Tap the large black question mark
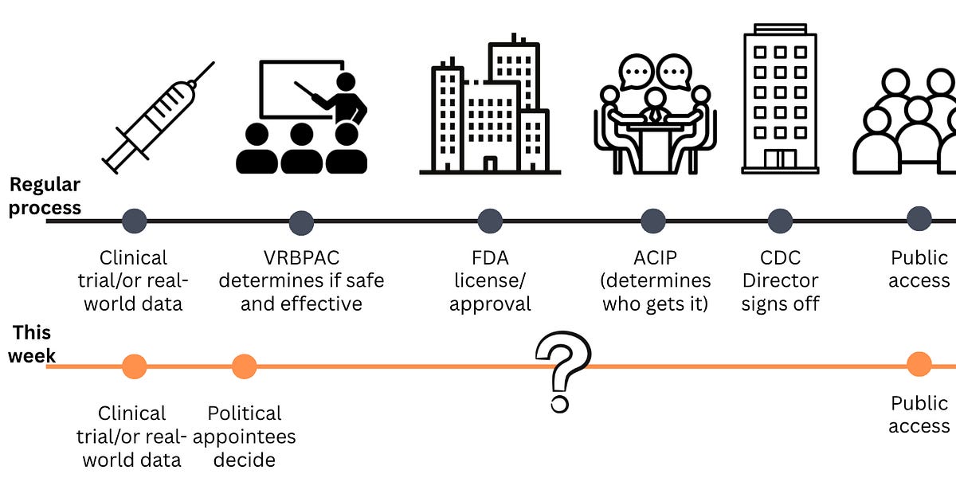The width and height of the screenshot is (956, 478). tap(562, 370)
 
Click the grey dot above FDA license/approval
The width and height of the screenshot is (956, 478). tap(490, 221)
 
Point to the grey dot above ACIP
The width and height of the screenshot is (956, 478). tap(653, 221)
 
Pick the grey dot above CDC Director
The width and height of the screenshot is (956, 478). tap(780, 221)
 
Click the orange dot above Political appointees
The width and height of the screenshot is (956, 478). tap(244, 366)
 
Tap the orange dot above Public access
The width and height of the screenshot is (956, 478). tap(919, 365)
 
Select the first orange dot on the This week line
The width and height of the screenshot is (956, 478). tap(134, 366)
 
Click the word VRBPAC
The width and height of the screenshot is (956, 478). tap(301, 258)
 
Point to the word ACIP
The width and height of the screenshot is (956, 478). tap(655, 258)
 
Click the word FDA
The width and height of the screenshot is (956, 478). tap(490, 258)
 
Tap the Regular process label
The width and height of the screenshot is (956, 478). tap(45, 196)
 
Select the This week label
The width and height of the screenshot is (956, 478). tap(32, 343)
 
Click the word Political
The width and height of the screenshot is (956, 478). tap(245, 413)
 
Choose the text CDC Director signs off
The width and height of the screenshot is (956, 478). tap(780, 280)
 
